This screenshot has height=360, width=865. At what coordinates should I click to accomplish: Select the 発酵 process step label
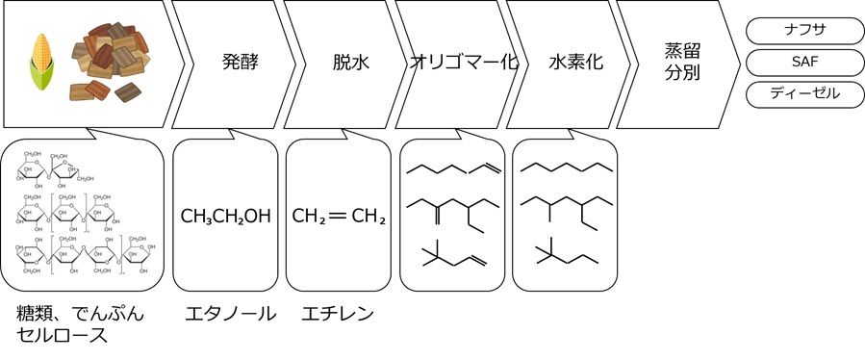pyautogui.click(x=240, y=64)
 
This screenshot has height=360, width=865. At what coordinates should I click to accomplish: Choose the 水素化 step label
pyautogui.click(x=575, y=64)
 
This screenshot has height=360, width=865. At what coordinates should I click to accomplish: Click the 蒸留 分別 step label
pyautogui.click(x=680, y=63)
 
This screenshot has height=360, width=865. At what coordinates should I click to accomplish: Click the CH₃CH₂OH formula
pyautogui.click(x=225, y=216)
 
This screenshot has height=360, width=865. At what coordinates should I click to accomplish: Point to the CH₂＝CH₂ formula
pyautogui.click(x=339, y=216)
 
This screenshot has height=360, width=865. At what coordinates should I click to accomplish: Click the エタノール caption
pyautogui.click(x=230, y=314)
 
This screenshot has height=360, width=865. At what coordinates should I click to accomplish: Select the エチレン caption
pyautogui.click(x=337, y=314)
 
